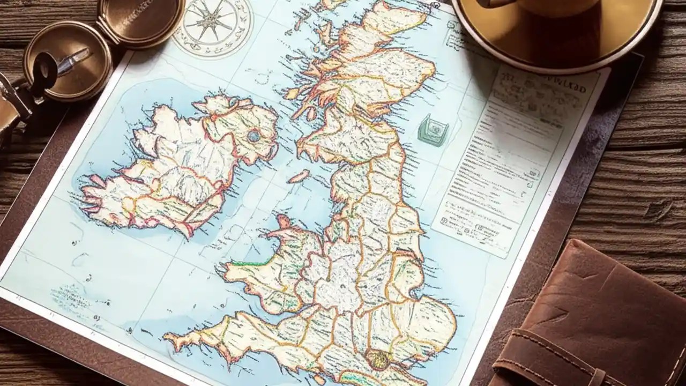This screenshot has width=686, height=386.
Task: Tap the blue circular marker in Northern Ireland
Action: (x=253, y=136)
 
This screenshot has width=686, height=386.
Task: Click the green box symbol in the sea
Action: (x=433, y=130)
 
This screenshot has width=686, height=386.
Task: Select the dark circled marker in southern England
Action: (x=378, y=359)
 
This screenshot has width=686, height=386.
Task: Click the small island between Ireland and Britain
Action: (x=299, y=176)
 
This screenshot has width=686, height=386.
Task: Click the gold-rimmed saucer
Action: (x=557, y=38)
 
